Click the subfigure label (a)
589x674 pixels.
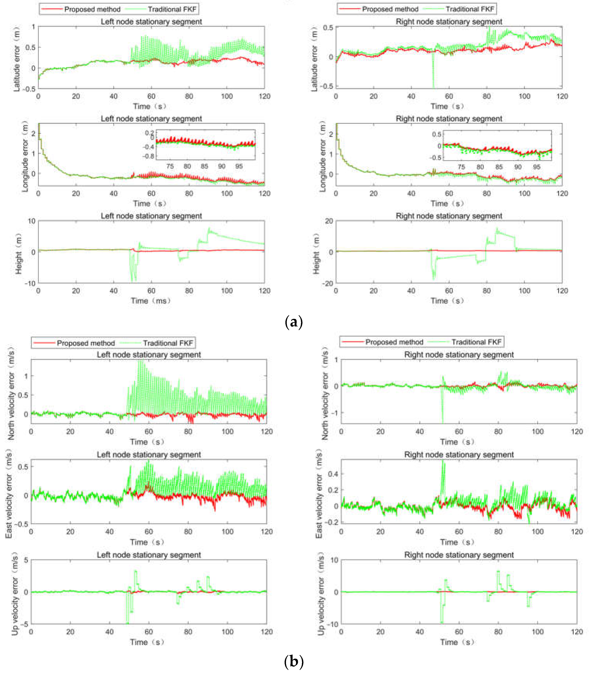pyautogui.click(x=294, y=322)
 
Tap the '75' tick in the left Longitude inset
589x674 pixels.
pyautogui.click(x=170, y=167)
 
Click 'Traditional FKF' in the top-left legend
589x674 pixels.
pyautogui.click(x=172, y=9)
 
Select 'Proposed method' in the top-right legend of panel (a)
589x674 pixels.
pyautogui.click(x=390, y=9)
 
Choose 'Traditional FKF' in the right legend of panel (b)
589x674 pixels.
pyautogui.click(x=476, y=342)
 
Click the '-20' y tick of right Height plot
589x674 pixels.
pyautogui.click(x=328, y=283)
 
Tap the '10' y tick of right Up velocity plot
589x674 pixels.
pyautogui.click(x=334, y=560)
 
